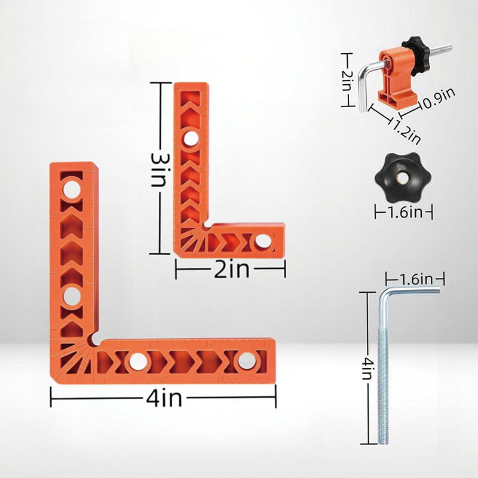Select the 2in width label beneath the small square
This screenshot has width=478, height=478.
[231, 271]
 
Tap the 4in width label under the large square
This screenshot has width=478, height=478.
[163, 397]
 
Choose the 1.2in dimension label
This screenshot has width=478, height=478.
[406, 128]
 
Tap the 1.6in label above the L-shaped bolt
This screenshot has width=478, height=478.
[414, 278]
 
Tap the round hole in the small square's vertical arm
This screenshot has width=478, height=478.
[191, 139]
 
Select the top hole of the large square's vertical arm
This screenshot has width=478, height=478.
[72, 189]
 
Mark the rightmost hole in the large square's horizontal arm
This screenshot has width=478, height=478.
[245, 360]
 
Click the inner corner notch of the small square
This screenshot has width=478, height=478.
[206, 226]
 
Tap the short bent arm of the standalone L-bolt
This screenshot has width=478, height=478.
[412, 290]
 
